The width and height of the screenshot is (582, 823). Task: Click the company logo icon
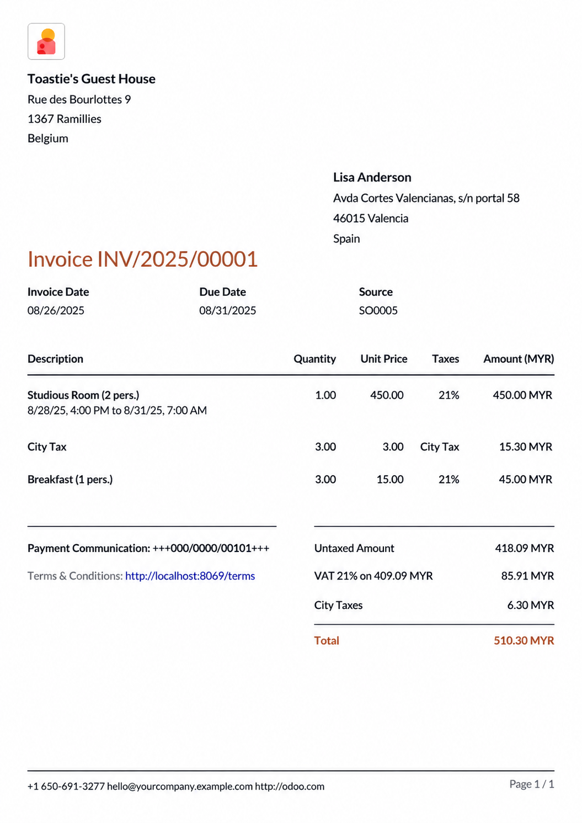pos(46,41)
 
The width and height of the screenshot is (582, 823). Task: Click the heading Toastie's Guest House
pos(92,79)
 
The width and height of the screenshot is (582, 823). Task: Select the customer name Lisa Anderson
pos(372,177)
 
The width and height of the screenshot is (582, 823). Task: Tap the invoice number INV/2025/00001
pos(177,259)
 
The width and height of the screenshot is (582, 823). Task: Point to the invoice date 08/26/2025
pos(56,310)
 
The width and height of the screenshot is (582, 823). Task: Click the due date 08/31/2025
pos(227,310)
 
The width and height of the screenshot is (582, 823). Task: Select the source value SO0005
pos(378,310)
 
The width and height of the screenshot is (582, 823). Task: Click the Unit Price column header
pos(383,359)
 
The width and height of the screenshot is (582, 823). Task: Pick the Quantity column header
pos(314,359)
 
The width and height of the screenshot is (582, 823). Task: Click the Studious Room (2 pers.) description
pos(83,395)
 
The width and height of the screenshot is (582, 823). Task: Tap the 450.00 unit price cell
pos(386,395)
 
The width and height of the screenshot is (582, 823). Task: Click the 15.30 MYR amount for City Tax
pos(525,447)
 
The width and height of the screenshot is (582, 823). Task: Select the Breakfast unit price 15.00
pos(389,479)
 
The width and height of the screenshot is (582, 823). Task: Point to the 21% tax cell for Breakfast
pos(448,479)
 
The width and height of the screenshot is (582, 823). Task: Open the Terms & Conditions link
pos(190,576)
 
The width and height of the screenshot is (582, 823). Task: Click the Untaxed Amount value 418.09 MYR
pos(524,548)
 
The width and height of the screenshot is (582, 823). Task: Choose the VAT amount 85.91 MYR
pos(527,576)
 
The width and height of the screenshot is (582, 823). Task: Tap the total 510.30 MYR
pos(524,640)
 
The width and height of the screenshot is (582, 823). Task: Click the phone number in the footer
pos(66,786)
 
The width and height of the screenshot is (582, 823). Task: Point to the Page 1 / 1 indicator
pos(531,784)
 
